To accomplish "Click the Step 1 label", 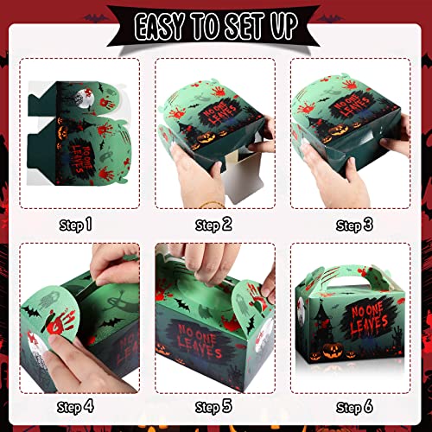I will tap(76, 226).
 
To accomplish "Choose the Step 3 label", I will tap(353, 226).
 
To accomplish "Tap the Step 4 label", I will tap(76, 405).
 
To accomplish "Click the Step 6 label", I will tap(353, 405).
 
